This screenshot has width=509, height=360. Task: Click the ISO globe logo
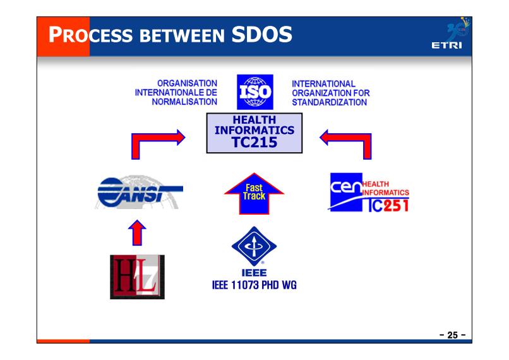(255, 92)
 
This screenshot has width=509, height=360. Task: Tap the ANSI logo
(139, 193)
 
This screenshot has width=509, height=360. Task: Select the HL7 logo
(137, 277)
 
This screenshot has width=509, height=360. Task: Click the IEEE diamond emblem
(254, 246)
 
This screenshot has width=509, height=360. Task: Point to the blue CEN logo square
(346, 191)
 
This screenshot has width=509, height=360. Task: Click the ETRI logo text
(446, 45)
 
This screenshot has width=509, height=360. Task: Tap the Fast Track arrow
(254, 193)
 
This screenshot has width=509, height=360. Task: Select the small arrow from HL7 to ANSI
(137, 233)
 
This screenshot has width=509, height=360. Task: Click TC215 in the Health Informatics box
(254, 142)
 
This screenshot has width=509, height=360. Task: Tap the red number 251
(396, 206)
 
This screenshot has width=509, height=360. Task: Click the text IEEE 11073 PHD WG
(254, 285)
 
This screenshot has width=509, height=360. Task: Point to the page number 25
(453, 335)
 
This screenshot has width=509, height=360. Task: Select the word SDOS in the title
(261, 34)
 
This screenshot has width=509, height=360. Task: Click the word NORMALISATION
(184, 102)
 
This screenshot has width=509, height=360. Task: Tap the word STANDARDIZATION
(329, 102)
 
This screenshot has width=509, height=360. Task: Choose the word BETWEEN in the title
(182, 36)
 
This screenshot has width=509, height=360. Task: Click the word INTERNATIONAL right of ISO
(323, 84)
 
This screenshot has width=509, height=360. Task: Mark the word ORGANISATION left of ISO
(187, 83)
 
